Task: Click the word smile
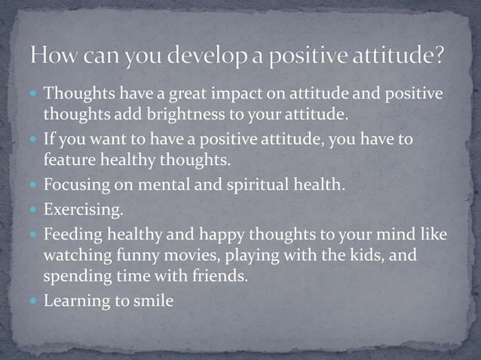tap(153, 301)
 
